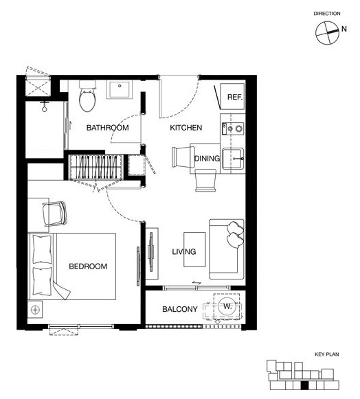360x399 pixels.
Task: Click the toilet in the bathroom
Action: pyautogui.click(x=87, y=96)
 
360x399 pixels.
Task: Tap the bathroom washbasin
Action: pyautogui.click(x=120, y=89)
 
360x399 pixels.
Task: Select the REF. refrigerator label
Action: pyautogui.click(x=235, y=97)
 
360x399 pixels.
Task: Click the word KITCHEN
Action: pyautogui.click(x=186, y=128)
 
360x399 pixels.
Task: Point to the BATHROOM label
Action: pyautogui.click(x=107, y=128)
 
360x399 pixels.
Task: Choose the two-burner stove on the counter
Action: pyautogui.click(x=233, y=128)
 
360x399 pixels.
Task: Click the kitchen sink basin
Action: pyautogui.click(x=233, y=159)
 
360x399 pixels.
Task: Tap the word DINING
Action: pyautogui.click(x=207, y=158)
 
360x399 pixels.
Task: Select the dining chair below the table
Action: pyautogui.click(x=205, y=181)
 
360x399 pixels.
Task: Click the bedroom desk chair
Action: pyautogui.click(x=55, y=214)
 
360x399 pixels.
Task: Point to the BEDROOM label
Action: pyautogui.click(x=88, y=266)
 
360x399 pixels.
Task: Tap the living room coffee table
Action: pyautogui.click(x=194, y=249)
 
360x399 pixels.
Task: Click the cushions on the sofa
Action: pyautogui.click(x=235, y=235)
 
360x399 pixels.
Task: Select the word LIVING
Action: pyautogui.click(x=184, y=251)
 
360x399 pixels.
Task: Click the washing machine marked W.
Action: pyautogui.click(x=227, y=306)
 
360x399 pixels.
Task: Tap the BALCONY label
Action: pyautogui.click(x=180, y=309)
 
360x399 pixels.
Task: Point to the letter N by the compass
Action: pyautogui.click(x=344, y=29)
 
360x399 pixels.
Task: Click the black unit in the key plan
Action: pyautogui.click(x=304, y=385)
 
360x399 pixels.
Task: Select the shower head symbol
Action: pyautogui.click(x=45, y=106)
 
